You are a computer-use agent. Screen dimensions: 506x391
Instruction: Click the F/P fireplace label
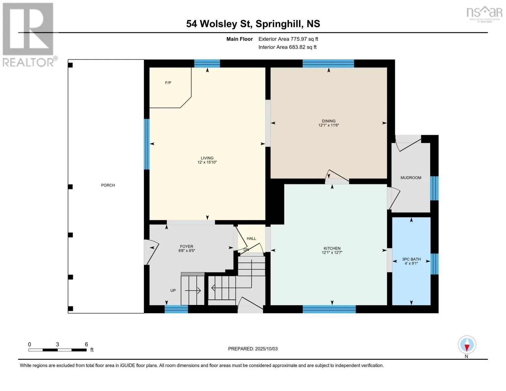pyautogui.click(x=168, y=83)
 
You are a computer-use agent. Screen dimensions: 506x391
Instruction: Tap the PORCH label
pyautogui.click(x=108, y=185)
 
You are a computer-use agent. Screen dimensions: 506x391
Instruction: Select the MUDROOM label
pyautogui.click(x=411, y=178)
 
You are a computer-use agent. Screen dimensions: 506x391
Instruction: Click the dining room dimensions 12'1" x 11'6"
pyautogui.click(x=328, y=125)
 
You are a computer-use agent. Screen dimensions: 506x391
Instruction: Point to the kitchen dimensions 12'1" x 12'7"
pyautogui.click(x=332, y=253)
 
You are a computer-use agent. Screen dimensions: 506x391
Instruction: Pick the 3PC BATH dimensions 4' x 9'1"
pyautogui.click(x=411, y=263)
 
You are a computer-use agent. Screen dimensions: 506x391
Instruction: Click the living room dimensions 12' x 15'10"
pyautogui.click(x=207, y=162)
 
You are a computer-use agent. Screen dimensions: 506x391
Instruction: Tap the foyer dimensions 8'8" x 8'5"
pyautogui.click(x=186, y=251)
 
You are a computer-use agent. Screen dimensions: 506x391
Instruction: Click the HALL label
pyautogui.click(x=251, y=239)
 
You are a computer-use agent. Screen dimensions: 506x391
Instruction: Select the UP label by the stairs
pyautogui.click(x=173, y=290)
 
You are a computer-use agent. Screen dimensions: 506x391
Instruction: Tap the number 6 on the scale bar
pyautogui.click(x=86, y=344)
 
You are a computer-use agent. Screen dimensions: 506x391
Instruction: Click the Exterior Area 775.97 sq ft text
pyautogui.click(x=288, y=39)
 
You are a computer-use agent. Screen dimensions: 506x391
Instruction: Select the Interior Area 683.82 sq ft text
pyautogui.click(x=287, y=47)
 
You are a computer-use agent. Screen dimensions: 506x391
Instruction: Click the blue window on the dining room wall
pyautogui.click(x=328, y=64)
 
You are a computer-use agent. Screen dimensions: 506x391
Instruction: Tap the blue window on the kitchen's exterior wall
pyautogui.click(x=329, y=309)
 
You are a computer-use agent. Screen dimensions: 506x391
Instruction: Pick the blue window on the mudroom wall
pyautogui.click(x=434, y=188)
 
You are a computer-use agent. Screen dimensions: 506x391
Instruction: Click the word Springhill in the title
pyautogui.click(x=278, y=24)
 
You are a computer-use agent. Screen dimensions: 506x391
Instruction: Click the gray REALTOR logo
pyautogui.click(x=29, y=35)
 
